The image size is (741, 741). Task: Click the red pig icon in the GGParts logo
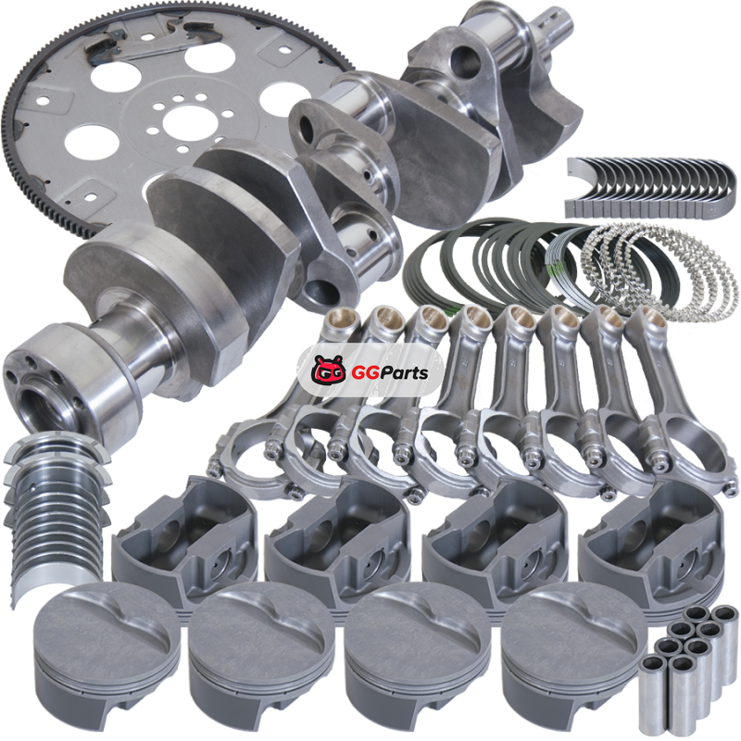(x=327, y=370)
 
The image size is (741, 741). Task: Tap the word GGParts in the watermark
(x=390, y=373)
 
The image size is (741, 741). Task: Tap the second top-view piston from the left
(x=261, y=653)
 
